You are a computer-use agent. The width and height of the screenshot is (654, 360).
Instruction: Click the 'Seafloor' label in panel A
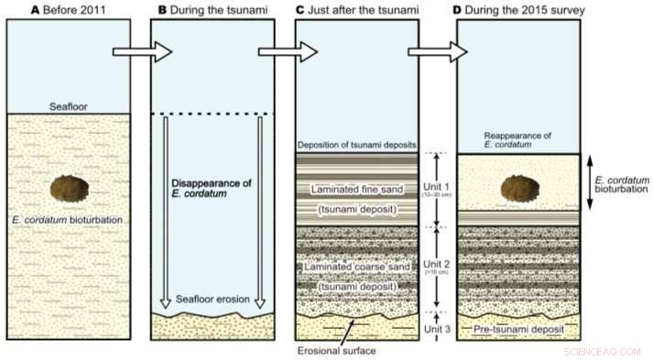click(x=68, y=105)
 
